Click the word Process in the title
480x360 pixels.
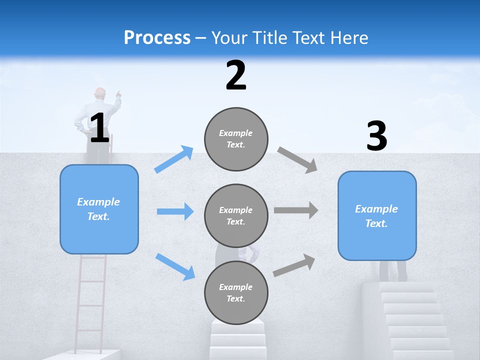[157, 37]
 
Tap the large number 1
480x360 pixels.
[99, 127]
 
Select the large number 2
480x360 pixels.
[236, 75]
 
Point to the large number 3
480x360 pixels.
[376, 136]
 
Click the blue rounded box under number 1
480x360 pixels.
[99, 209]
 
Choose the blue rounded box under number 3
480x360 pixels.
[377, 215]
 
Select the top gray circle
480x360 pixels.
[236, 139]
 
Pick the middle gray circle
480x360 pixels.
[236, 215]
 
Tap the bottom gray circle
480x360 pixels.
[236, 292]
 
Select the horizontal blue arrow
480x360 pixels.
[175, 211]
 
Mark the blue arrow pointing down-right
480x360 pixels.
[175, 266]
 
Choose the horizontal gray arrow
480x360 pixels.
[296, 210]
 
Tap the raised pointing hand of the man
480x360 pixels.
[118, 93]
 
